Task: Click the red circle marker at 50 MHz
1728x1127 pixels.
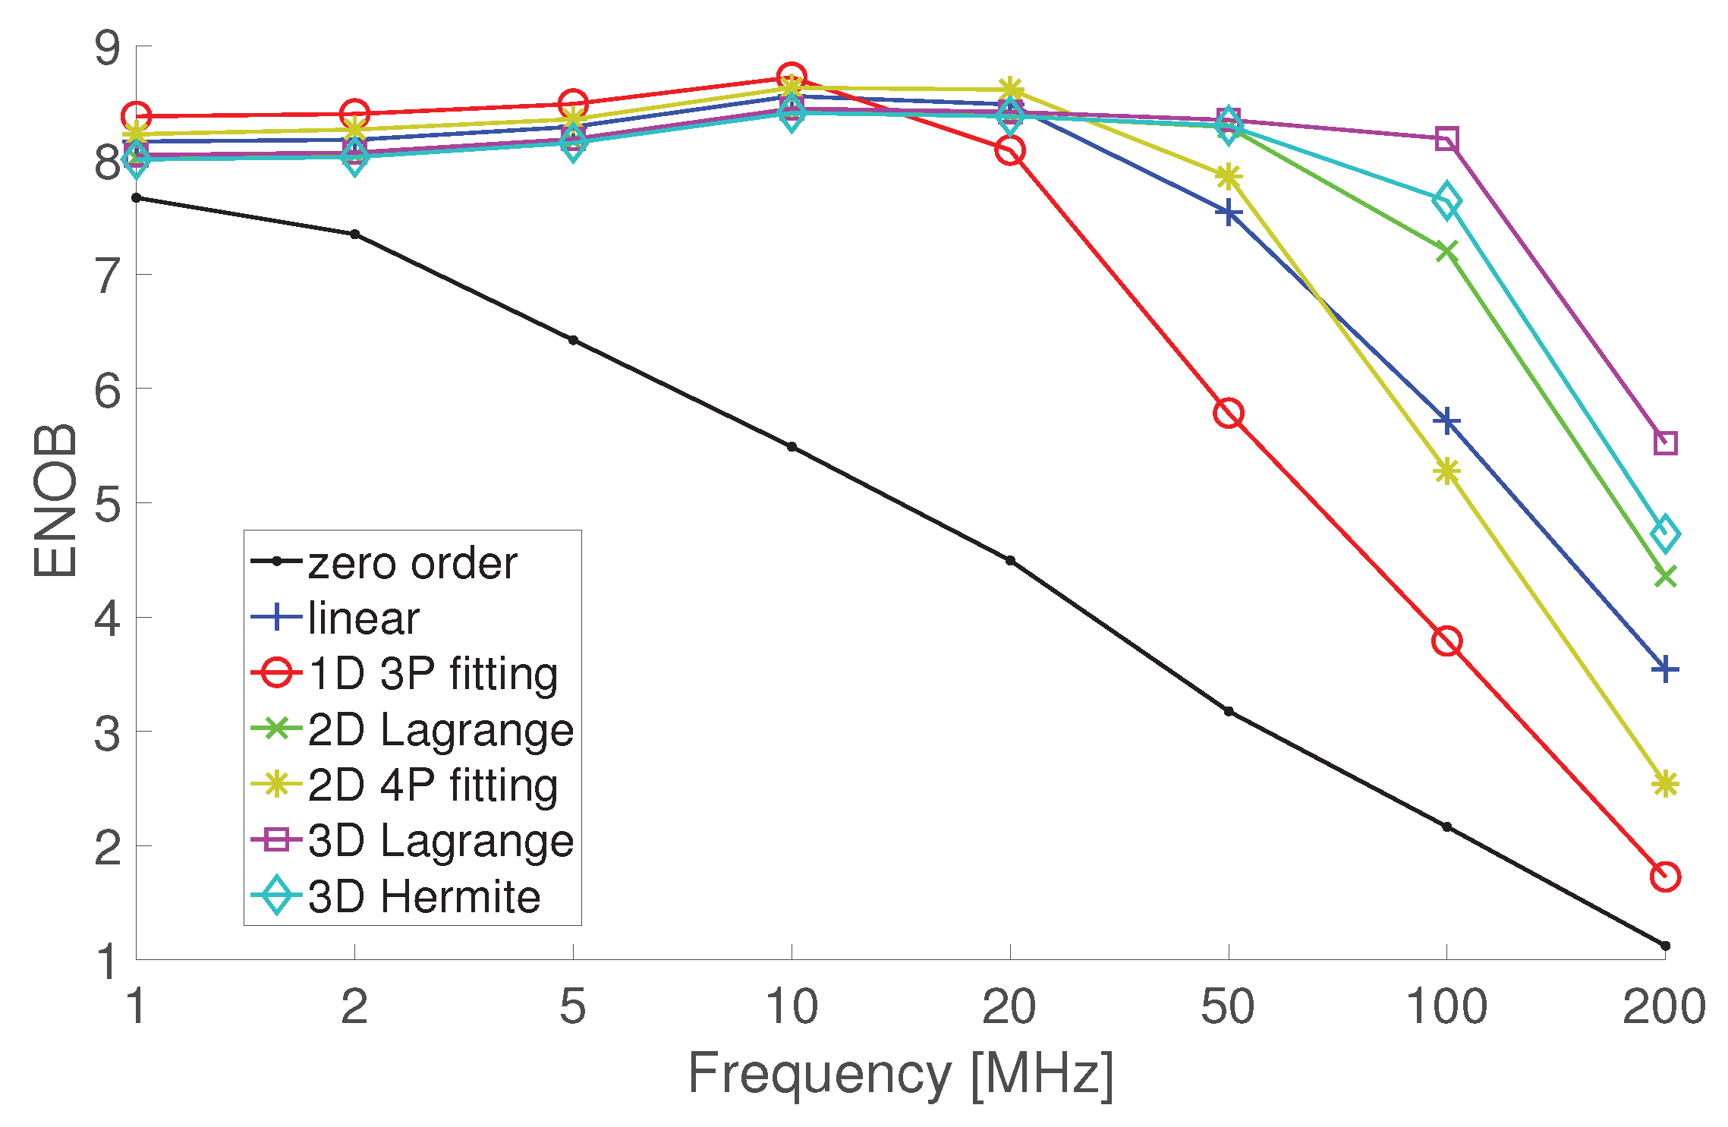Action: pos(1228,414)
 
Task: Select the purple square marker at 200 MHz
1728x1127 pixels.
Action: pos(1665,442)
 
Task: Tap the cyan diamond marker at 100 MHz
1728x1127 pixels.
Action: pos(1446,200)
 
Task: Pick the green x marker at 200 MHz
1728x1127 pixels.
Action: pos(1665,577)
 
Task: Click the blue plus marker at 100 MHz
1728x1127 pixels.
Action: pos(1446,421)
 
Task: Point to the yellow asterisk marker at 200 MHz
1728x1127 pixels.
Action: pos(1665,784)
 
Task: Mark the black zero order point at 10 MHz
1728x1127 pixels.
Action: pos(792,447)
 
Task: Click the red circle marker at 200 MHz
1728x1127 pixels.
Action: pos(1665,877)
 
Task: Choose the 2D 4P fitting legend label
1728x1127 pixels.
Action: pos(433,785)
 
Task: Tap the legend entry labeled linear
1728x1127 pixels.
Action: pos(363,618)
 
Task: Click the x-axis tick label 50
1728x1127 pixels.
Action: pos(1228,1007)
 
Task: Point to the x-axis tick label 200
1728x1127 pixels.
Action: pos(1663,1007)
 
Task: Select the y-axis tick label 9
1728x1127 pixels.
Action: pos(107,48)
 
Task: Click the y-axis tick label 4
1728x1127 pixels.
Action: pos(107,619)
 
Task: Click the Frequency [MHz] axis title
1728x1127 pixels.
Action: pos(900,1073)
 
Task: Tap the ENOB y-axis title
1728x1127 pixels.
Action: pos(55,501)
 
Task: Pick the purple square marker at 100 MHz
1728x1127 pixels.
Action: pos(1446,140)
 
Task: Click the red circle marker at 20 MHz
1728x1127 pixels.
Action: pos(1010,150)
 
